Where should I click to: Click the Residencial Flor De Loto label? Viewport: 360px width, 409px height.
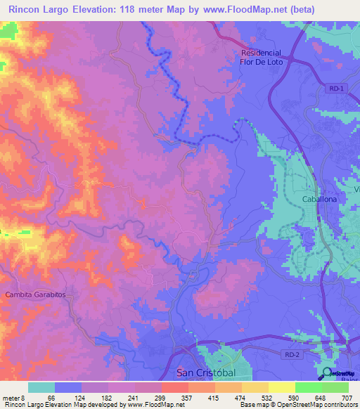pyautogui.click(x=261, y=57)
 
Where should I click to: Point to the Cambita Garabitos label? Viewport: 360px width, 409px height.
pyautogui.click(x=35, y=295)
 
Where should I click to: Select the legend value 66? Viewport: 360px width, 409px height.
pyautogui.click(x=51, y=396)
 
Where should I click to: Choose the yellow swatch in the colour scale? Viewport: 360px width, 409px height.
pyautogui.click(x=281, y=387)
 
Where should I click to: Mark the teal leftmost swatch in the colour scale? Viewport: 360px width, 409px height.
pyautogui.click(x=41, y=387)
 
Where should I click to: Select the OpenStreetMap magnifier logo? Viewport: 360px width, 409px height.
pyautogui.click(x=328, y=372)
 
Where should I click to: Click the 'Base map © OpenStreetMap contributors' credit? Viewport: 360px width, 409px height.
pyautogui.click(x=297, y=404)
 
